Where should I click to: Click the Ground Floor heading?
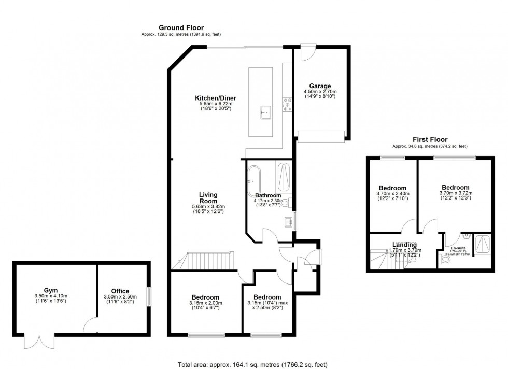(x=181, y=28)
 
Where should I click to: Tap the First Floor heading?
(x=430, y=139)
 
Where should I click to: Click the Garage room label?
(x=320, y=86)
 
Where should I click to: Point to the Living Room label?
(x=208, y=197)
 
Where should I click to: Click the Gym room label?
(x=51, y=290)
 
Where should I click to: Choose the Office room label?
(x=120, y=291)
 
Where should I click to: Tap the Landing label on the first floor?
(x=404, y=245)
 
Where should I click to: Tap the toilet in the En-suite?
(x=445, y=262)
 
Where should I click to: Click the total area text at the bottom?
(x=253, y=364)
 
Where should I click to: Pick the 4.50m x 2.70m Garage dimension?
(x=320, y=92)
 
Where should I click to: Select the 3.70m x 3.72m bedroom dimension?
(x=455, y=193)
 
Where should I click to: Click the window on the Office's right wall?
(x=149, y=297)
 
